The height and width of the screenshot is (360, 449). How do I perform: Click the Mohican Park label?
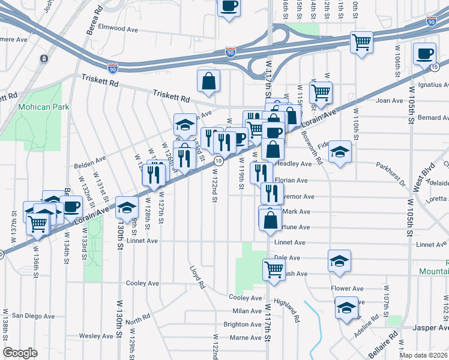coord(43,107)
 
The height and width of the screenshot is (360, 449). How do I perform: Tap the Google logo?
coord(20,353)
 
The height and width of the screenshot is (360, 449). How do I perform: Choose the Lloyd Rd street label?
coord(197,277)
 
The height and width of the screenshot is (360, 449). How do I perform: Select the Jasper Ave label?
coord(431,328)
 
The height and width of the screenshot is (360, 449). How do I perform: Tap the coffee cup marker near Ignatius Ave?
coord(424,53)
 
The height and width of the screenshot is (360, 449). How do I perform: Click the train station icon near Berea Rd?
coord(44,59)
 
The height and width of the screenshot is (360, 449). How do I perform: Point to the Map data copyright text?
coord(424,355)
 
